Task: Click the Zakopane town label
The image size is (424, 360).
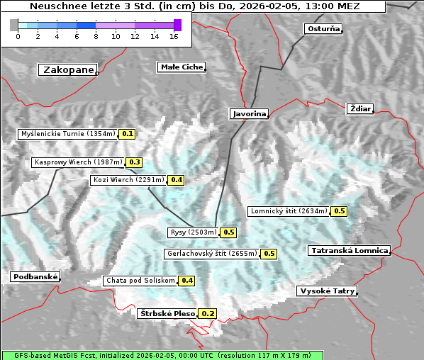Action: coord(68,69)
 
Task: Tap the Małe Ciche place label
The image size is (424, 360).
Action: coord(181,67)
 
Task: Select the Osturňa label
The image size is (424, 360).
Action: coord(323,29)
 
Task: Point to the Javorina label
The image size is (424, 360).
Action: coord(249,113)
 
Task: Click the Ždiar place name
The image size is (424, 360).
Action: coord(360,108)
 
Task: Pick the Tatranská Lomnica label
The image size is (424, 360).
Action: coord(350,251)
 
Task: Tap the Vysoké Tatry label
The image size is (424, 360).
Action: coord(327,291)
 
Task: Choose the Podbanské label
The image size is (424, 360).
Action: coord(35,277)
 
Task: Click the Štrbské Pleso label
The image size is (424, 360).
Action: coord(167,313)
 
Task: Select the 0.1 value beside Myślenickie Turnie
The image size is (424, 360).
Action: coord(128,133)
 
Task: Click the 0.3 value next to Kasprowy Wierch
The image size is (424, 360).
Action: coord(135,162)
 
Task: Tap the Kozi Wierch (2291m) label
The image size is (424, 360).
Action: coord(128,180)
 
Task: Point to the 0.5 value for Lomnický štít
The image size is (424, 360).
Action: coord(340,210)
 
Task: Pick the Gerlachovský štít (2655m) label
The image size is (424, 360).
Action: coord(211,254)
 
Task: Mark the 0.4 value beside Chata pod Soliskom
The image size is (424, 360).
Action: coord(187,281)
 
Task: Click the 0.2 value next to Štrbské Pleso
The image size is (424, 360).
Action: coord(208,313)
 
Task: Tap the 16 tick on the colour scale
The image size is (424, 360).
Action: coord(174,36)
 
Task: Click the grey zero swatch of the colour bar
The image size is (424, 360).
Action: coord(14,25)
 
